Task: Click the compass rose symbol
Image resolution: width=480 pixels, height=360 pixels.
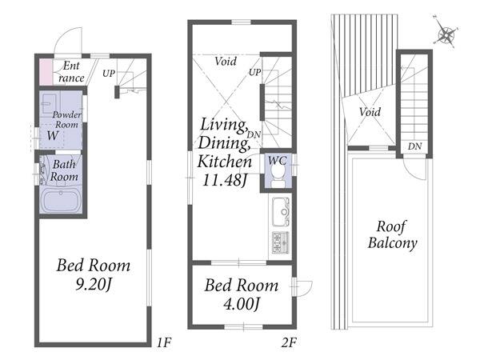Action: click(446, 34)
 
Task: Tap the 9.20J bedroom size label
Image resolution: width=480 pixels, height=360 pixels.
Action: click(93, 284)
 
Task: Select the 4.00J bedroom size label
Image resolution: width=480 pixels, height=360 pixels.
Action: click(242, 304)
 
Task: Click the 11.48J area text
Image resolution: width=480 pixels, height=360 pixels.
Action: click(224, 180)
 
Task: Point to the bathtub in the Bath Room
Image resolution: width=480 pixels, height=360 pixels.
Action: click(61, 200)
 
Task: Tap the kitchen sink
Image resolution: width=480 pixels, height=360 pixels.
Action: click(281, 211)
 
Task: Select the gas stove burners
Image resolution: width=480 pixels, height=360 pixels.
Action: click(280, 242)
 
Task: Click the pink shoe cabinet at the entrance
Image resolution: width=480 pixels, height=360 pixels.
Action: click(46, 72)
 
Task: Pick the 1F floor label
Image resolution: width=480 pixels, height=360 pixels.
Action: click(164, 342)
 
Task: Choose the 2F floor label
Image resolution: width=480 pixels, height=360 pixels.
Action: click(289, 342)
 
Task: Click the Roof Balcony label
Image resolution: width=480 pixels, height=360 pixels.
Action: click(392, 235)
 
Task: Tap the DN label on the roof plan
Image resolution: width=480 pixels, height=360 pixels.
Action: click(414, 146)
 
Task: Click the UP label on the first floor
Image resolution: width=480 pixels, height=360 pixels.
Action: click(109, 74)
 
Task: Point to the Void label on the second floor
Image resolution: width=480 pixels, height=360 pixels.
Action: click(226, 62)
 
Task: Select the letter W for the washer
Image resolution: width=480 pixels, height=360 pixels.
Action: click(53, 135)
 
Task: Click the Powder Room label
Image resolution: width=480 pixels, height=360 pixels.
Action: click(66, 119)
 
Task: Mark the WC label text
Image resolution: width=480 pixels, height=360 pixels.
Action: click(278, 161)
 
